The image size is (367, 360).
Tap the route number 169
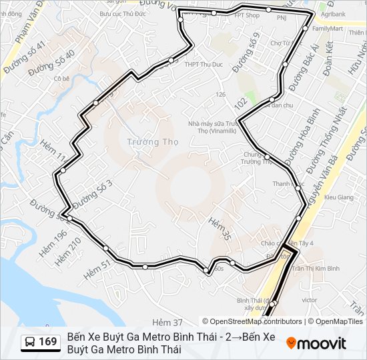point(47,342)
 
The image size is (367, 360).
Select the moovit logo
point(316,343)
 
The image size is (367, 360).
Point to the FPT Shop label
point(247,15)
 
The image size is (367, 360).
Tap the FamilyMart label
point(327,29)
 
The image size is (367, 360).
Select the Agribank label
point(333,13)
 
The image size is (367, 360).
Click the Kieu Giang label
point(338,197)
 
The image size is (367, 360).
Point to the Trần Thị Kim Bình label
point(316,268)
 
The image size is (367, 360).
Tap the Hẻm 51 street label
point(97,268)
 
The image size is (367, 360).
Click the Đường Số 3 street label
point(93,193)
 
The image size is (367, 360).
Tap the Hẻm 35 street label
point(219,228)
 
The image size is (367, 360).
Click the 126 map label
point(220,94)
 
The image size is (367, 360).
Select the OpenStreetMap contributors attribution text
point(252,321)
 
